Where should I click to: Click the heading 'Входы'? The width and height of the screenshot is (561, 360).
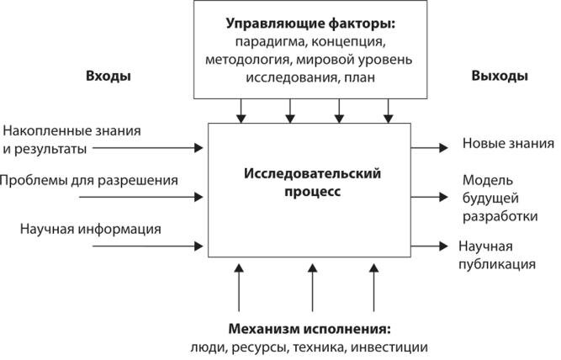click(x=108, y=77)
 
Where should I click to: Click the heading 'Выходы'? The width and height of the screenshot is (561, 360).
click(x=500, y=77)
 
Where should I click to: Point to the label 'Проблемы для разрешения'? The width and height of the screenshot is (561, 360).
click(x=88, y=180)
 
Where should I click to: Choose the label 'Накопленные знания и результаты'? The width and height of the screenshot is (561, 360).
click(x=71, y=139)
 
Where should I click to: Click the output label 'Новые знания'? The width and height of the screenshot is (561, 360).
click(x=496, y=144)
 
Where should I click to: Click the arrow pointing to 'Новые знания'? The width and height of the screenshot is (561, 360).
click(x=429, y=148)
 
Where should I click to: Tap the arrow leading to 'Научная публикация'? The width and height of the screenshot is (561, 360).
click(x=429, y=246)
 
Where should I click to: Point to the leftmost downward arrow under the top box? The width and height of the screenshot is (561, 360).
click(x=241, y=109)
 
